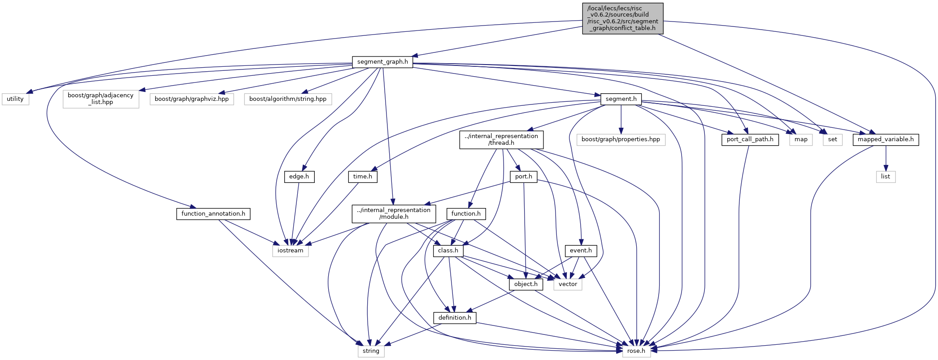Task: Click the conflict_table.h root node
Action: tap(622, 18)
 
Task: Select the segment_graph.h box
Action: tap(382, 62)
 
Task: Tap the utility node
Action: tap(15, 99)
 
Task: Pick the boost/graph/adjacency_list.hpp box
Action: tap(101, 99)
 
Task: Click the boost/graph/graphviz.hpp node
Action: tap(191, 99)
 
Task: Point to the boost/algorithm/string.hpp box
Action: tap(288, 99)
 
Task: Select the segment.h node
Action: tap(621, 99)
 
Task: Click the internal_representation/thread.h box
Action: tap(501, 139)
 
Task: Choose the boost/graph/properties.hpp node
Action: tap(621, 139)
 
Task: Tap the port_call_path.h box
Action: tap(750, 139)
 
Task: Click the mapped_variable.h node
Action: tap(886, 139)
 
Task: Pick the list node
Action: tap(886, 177)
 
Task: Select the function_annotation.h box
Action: tap(213, 214)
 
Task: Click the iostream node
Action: tap(290, 251)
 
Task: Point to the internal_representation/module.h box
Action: tap(394, 213)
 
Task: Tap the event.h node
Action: tap(581, 251)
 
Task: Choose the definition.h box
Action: tap(455, 318)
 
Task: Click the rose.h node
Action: tap(636, 351)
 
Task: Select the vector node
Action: tap(568, 284)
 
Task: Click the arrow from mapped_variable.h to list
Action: tap(886, 158)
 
